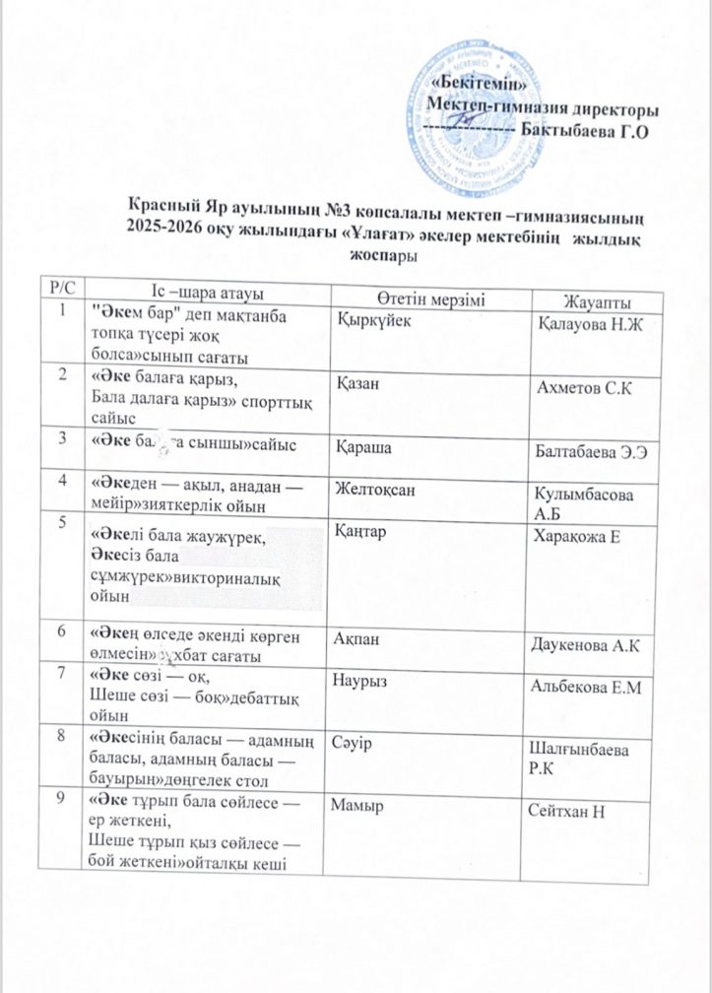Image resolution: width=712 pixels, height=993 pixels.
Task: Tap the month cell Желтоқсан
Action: click(378, 484)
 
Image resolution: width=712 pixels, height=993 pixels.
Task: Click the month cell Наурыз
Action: click(366, 680)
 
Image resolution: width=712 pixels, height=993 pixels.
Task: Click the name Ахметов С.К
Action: click(583, 389)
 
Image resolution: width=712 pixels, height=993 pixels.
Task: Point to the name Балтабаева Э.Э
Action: click(595, 452)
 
